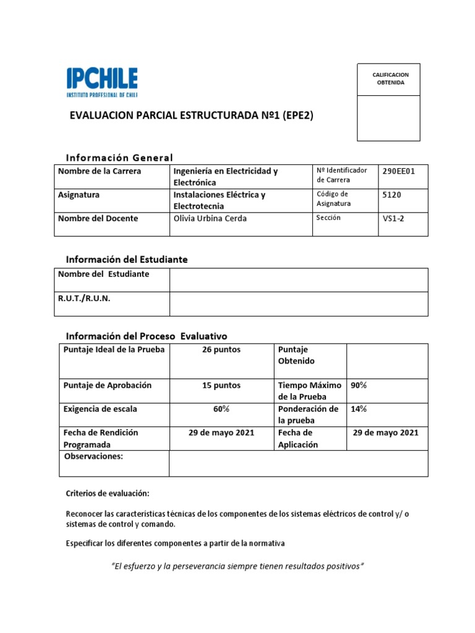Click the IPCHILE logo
(x=102, y=83)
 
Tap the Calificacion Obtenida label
(x=390, y=79)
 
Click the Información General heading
(x=119, y=158)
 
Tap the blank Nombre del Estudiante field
(x=298, y=279)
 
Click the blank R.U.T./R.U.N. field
(x=298, y=304)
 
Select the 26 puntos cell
(x=221, y=350)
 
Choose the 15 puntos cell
(x=221, y=385)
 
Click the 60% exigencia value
(x=221, y=409)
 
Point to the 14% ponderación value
(x=359, y=409)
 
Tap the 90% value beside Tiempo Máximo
(x=359, y=385)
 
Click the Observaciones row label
(x=93, y=456)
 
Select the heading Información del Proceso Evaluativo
(x=147, y=336)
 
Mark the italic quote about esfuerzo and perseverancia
(x=237, y=566)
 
